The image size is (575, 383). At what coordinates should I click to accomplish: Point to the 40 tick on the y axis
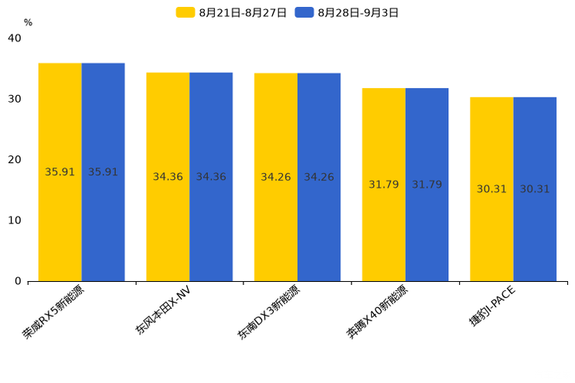15,39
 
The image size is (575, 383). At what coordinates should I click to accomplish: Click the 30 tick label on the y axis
15,100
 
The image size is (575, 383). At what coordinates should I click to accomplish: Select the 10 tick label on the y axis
15,221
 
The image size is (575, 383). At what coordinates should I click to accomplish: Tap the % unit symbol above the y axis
28,23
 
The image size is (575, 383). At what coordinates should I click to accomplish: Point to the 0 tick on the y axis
18,282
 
